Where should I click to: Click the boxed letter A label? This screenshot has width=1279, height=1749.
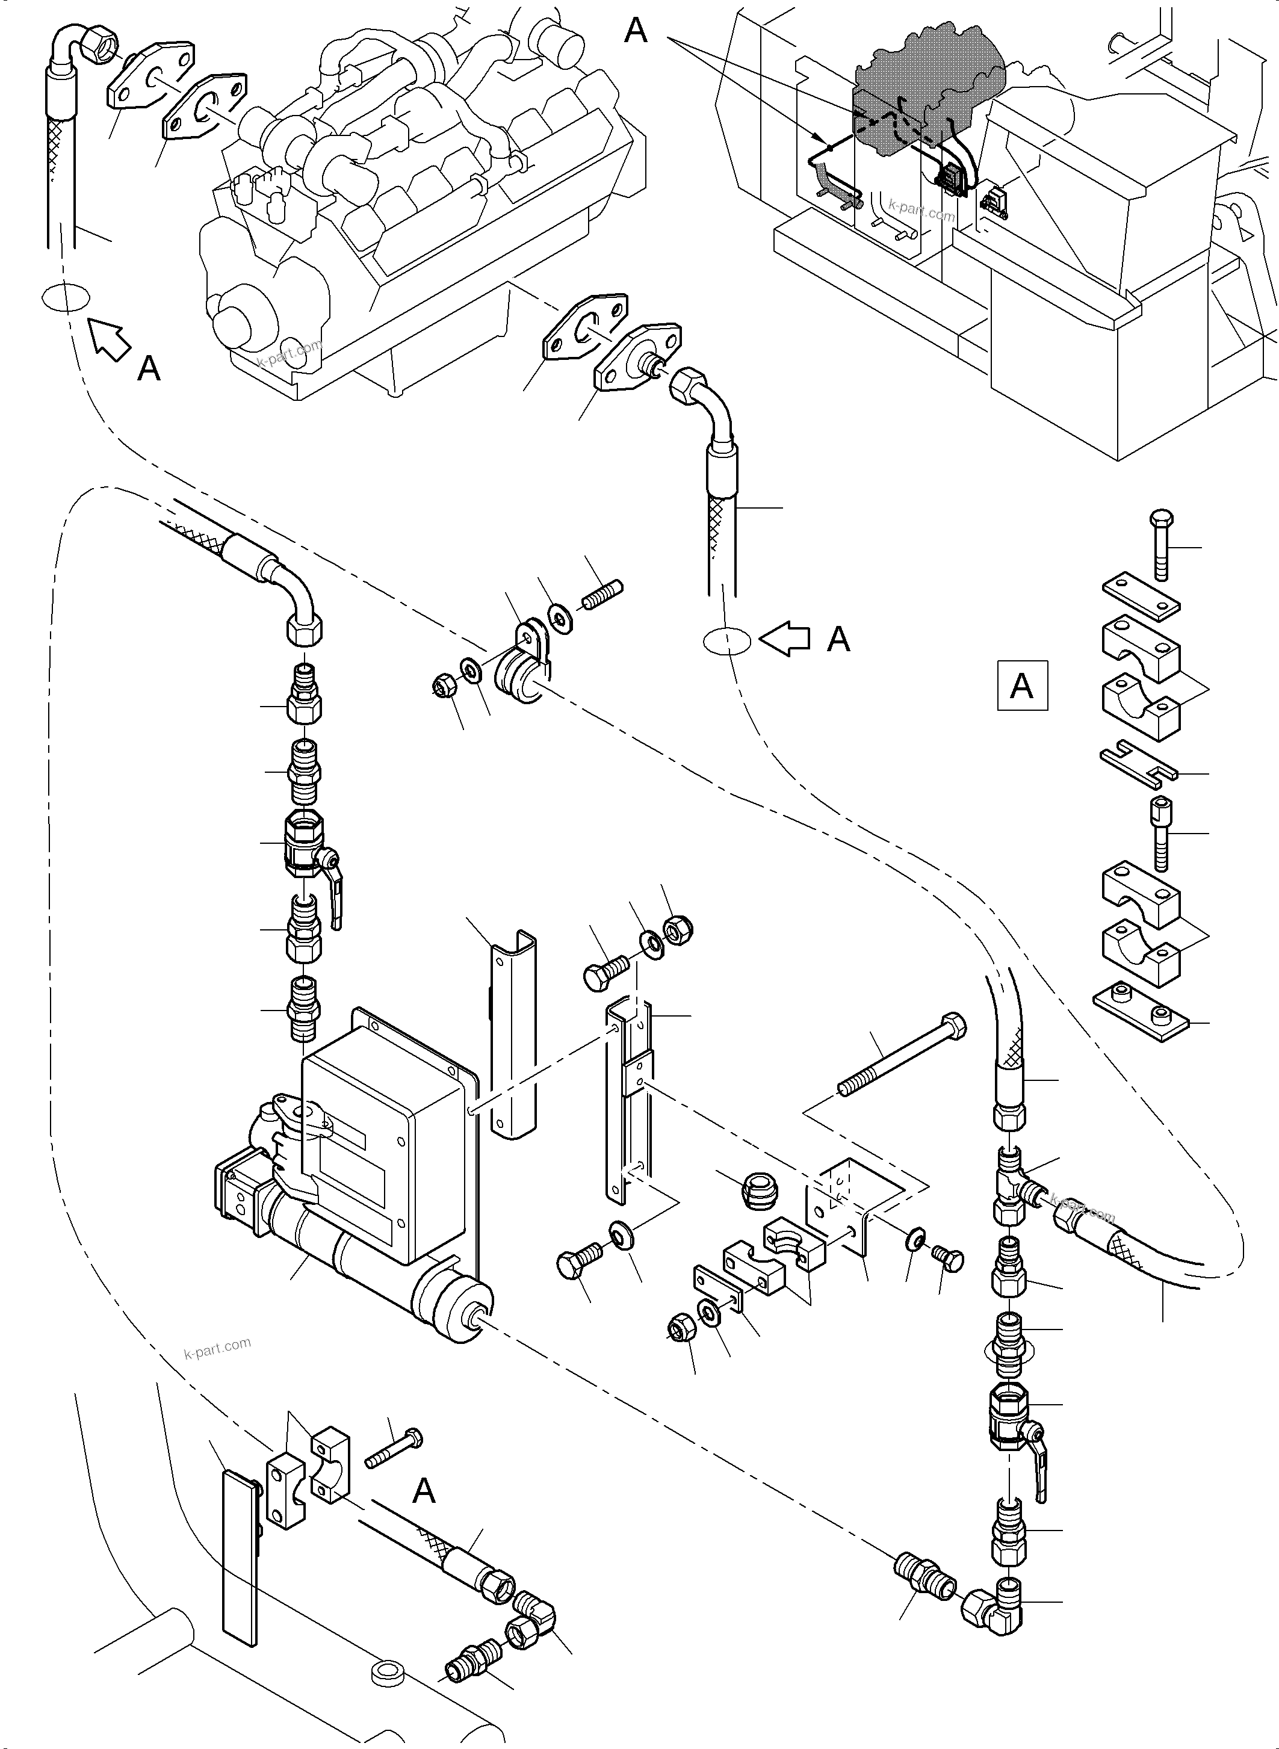pos(1021,685)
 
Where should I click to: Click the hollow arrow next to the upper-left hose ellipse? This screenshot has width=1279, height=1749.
pos(109,340)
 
